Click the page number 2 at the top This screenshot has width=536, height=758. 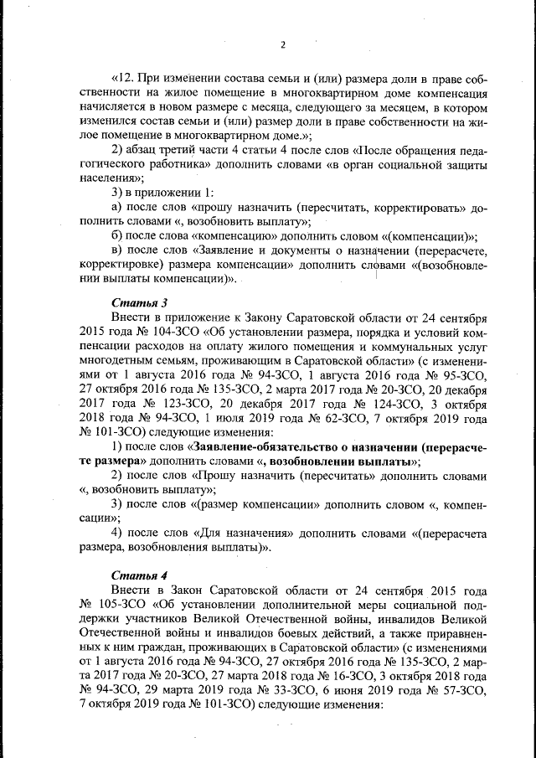tap(283, 44)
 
